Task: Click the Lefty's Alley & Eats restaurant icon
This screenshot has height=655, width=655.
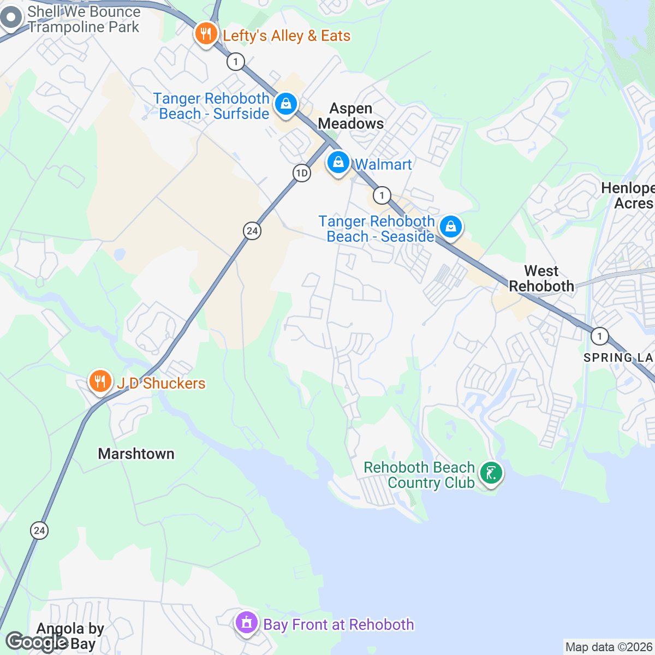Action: [206, 34]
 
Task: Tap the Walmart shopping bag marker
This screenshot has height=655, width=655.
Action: [338, 163]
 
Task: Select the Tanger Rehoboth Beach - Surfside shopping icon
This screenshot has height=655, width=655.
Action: [285, 104]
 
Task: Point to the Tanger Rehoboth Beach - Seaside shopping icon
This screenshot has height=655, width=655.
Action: [450, 226]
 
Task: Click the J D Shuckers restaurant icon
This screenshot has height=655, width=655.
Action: [100, 381]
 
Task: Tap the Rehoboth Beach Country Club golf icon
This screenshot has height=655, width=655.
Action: [491, 473]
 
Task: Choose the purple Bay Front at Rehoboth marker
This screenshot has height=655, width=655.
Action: [247, 622]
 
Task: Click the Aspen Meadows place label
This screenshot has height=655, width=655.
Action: [351, 116]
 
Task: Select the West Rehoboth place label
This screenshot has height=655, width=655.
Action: [541, 278]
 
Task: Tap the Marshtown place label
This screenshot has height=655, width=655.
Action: [136, 454]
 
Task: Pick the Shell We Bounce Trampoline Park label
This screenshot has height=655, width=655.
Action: [84, 19]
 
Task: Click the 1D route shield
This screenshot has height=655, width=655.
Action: [301, 174]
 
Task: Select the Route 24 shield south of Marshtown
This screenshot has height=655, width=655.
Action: [39, 530]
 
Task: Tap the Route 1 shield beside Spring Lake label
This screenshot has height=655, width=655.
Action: [599, 336]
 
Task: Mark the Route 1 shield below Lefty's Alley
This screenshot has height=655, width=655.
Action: [235, 62]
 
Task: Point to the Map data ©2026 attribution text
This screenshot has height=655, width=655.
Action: [609, 647]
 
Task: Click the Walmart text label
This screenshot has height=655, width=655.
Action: [383, 164]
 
